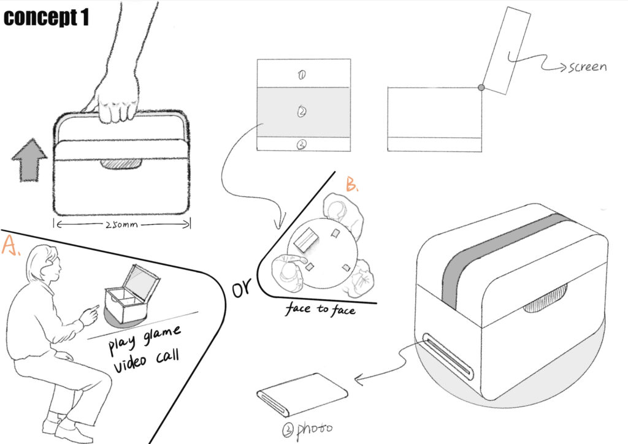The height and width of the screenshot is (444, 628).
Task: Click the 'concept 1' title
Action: [x=47, y=18]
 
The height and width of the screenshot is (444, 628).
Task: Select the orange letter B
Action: [x=351, y=184]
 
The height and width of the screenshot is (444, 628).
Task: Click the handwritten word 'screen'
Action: [x=586, y=66]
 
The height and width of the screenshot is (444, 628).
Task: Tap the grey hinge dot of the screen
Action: [x=481, y=88]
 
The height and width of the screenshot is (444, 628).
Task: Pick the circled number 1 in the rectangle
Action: [x=302, y=75]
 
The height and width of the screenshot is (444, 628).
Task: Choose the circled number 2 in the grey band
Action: [x=302, y=112]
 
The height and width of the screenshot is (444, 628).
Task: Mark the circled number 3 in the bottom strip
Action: [x=302, y=144]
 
